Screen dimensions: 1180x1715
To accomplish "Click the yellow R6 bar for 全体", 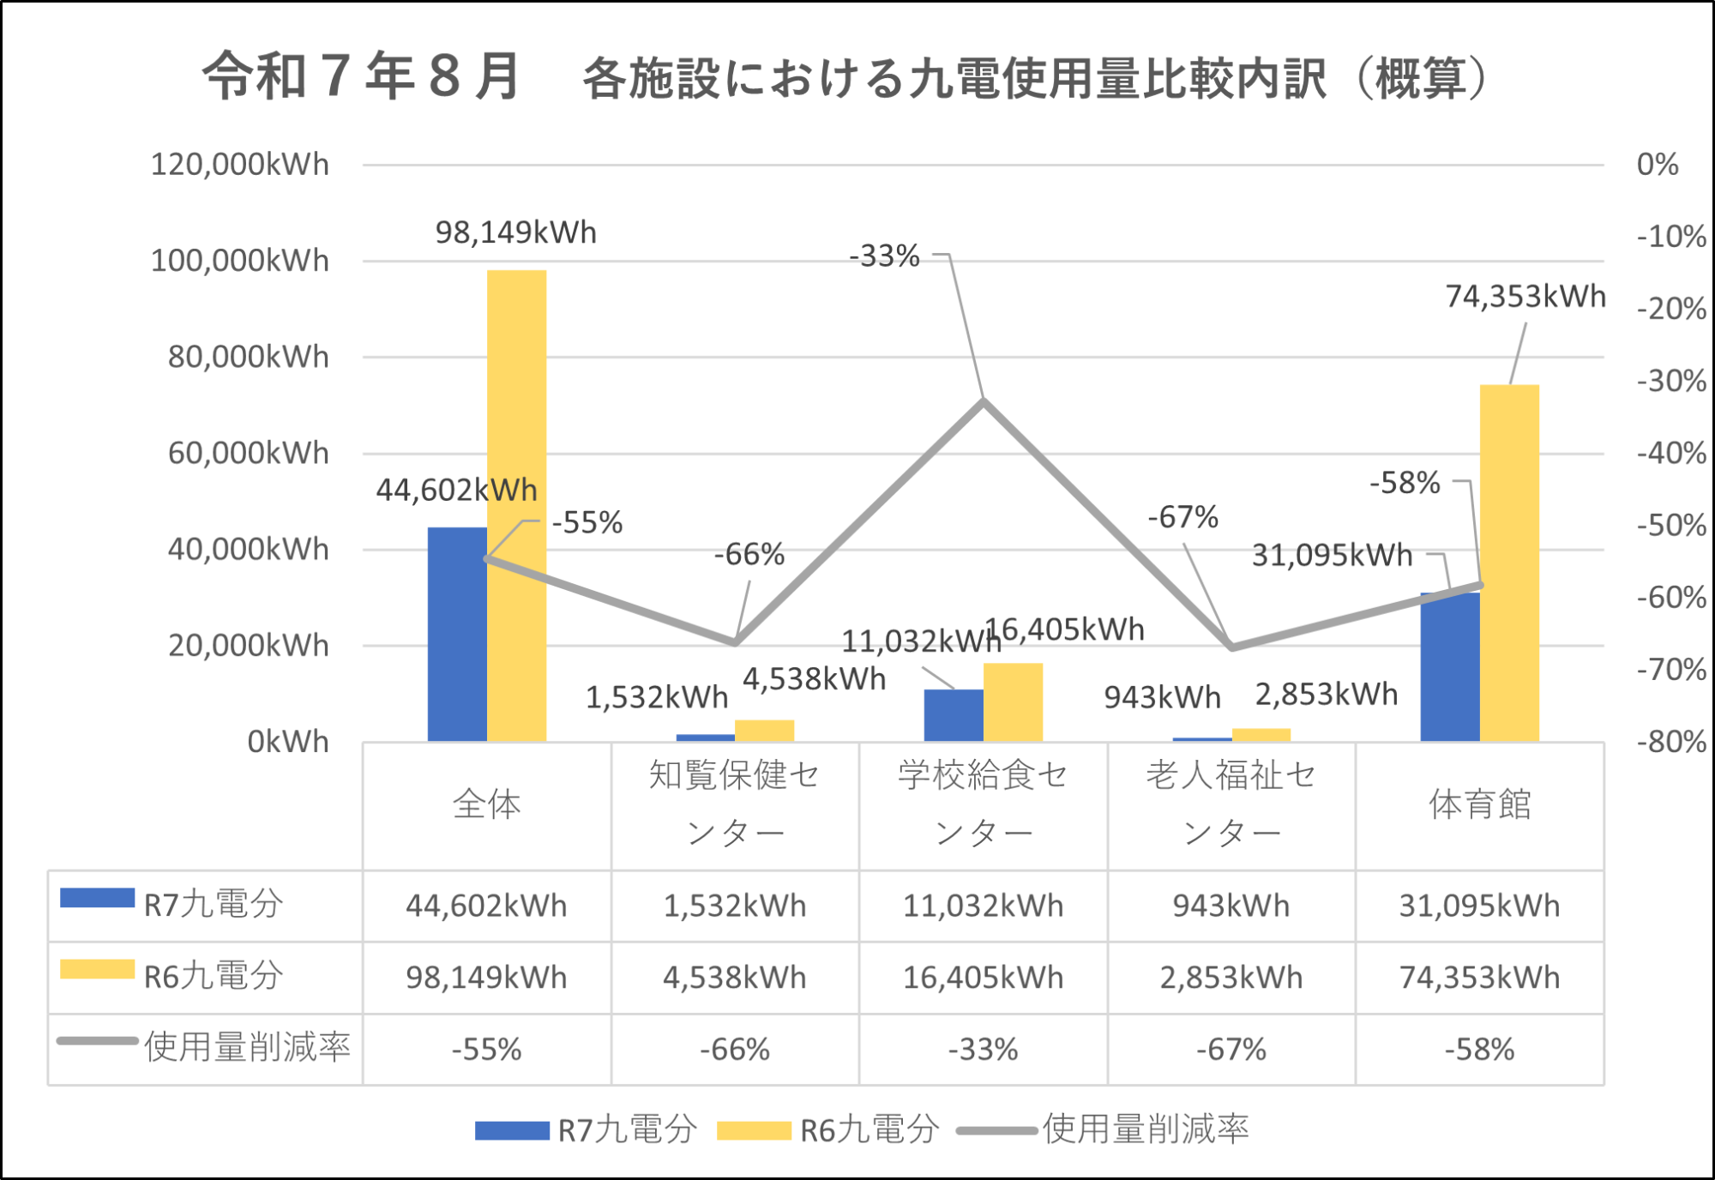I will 516,506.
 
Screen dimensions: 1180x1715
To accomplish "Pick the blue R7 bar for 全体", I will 457,635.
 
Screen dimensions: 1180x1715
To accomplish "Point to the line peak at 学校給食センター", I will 984,400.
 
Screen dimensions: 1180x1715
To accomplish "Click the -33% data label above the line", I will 884,256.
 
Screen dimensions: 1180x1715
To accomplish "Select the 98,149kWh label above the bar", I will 515,232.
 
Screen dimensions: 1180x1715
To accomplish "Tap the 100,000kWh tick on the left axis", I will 239,261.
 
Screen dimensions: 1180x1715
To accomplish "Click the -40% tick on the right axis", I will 1670,453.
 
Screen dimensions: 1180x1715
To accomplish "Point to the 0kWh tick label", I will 287,742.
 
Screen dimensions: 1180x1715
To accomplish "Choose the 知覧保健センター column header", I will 735,804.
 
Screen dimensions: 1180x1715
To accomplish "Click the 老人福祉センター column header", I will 1231,804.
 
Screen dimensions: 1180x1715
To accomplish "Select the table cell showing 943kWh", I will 1231,906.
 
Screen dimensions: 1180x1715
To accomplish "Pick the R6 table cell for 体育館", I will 1479,978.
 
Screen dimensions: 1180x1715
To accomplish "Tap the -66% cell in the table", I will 735,1050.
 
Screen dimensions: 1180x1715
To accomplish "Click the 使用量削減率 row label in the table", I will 247,1048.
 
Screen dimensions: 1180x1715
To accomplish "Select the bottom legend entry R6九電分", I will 869,1130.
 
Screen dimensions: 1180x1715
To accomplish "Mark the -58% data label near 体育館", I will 1404,483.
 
